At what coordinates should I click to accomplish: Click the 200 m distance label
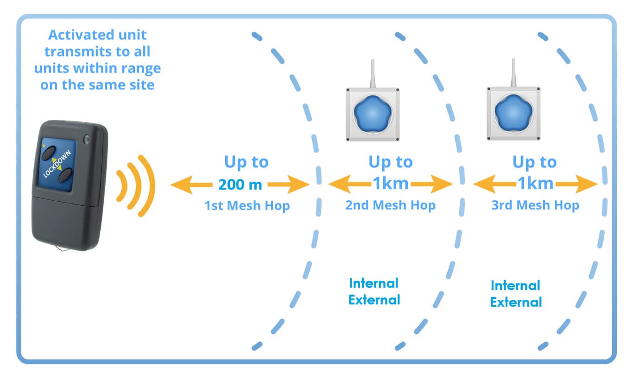[x=240, y=185]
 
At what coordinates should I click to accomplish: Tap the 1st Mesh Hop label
[x=247, y=205]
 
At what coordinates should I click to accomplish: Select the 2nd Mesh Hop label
[x=390, y=205]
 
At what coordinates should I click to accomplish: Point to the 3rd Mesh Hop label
[x=535, y=205]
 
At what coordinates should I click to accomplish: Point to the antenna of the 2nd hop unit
[x=372, y=74]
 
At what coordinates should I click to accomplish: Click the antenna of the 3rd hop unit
[x=513, y=74]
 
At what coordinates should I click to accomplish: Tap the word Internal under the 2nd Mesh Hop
[x=373, y=283]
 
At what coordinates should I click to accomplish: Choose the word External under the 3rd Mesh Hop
[x=516, y=303]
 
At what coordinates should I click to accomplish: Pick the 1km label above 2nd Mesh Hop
[x=391, y=184]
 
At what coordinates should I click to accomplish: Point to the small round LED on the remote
[x=87, y=139]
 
